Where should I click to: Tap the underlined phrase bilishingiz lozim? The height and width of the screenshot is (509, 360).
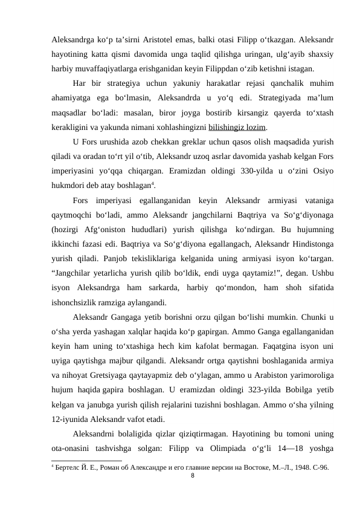(237, 128)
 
